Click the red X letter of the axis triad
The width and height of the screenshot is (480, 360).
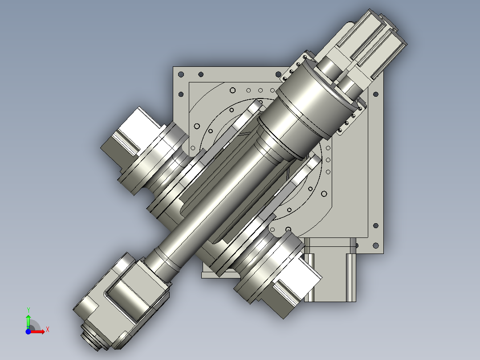pyautogui.click(x=47, y=329)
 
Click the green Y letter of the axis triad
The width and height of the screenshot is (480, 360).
pyautogui.click(x=28, y=309)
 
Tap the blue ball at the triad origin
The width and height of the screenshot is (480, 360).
pyautogui.click(x=28, y=331)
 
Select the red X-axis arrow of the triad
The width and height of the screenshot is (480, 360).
pyautogui.click(x=39, y=331)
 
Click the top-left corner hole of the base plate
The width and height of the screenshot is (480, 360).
pyautogui.click(x=181, y=74)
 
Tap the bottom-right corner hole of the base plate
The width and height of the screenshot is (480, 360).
pyautogui.click(x=375, y=245)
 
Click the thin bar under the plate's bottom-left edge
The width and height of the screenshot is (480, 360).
pyautogui.click(x=218, y=275)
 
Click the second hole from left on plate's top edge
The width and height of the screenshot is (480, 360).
pyautogui.click(x=201, y=74)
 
